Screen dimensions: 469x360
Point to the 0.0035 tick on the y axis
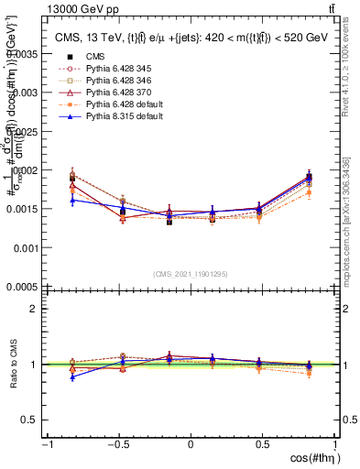tap(24, 54)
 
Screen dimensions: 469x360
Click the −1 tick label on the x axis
tap(47, 444)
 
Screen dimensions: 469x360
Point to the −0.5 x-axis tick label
tap(117, 444)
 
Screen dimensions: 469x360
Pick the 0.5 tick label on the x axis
tap(262, 444)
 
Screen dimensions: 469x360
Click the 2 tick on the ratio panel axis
tap(34, 309)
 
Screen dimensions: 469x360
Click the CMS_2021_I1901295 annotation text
tap(191, 274)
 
